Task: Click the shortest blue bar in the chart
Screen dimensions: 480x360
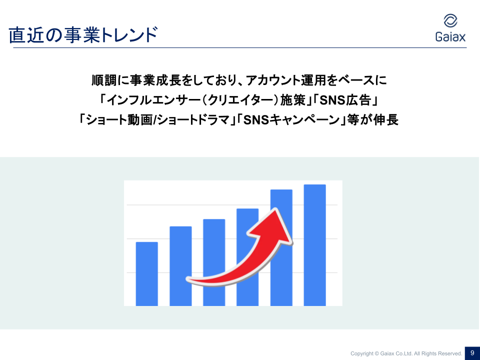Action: pos(147,274)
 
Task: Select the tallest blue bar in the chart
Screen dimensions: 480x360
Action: pos(314,245)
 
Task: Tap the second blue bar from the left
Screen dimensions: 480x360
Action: pos(180,266)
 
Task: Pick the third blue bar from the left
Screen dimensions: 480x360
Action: pos(214,262)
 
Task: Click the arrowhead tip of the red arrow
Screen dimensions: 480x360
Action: pos(276,209)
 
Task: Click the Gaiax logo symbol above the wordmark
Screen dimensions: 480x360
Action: pos(450,21)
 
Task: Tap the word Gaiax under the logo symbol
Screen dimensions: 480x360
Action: pos(450,36)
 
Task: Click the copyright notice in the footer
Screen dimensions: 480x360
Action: pos(406,353)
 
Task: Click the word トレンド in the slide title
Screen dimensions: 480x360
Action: pos(129,34)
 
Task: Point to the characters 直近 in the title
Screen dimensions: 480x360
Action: pos(26,34)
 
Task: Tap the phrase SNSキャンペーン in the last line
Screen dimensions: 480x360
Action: pos(291,119)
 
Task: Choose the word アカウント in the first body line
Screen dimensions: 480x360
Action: pos(273,80)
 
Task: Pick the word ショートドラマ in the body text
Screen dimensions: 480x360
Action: pos(194,119)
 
